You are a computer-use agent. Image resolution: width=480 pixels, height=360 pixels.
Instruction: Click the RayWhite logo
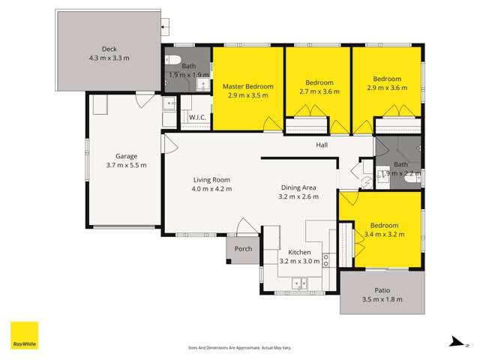[24, 335]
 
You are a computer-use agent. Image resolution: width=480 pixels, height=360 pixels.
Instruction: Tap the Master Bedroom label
[248, 86]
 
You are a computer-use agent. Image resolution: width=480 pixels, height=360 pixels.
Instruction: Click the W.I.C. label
[197, 118]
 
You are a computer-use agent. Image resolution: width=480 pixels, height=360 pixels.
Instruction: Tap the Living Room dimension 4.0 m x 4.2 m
[211, 189]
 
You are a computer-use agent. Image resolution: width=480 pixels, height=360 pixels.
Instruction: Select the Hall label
[322, 145]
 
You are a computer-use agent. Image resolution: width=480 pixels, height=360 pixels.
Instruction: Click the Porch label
[243, 249]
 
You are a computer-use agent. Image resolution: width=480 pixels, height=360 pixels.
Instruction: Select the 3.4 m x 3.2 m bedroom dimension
[383, 234]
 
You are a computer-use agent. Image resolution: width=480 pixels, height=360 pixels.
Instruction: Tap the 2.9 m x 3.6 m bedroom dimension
[388, 88]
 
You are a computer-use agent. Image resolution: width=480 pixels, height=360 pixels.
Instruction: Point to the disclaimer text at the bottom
[239, 348]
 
